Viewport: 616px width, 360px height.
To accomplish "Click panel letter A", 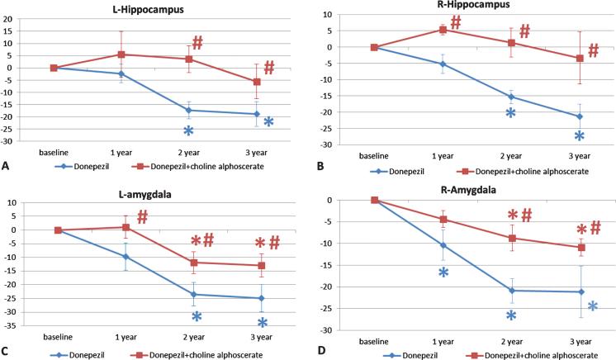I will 6,166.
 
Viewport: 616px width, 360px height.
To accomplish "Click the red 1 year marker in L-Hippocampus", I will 121,54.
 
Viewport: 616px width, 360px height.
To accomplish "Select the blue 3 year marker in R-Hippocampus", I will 580,116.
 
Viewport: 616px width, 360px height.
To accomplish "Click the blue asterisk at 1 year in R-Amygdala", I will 443,273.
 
